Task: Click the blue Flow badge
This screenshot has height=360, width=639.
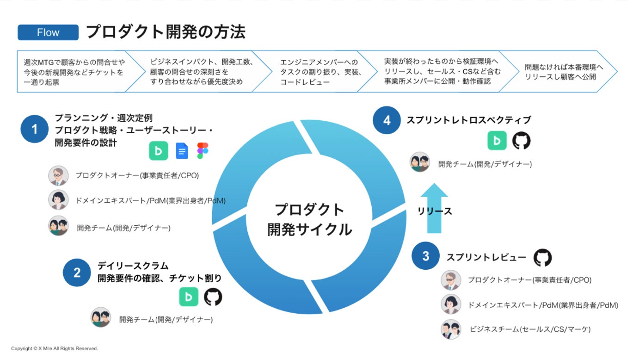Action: click(x=48, y=33)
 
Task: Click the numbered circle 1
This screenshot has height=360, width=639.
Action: click(x=34, y=129)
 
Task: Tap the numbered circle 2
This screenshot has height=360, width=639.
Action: click(x=77, y=273)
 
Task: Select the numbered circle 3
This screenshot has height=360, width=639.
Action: click(x=425, y=256)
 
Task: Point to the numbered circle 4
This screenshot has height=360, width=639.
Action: click(x=387, y=121)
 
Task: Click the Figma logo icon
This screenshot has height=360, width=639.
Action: click(x=203, y=151)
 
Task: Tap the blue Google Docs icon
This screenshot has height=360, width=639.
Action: click(x=182, y=151)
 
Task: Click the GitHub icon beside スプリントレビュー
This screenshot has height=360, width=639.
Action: click(x=543, y=258)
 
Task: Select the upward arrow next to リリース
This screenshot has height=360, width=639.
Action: click(x=434, y=209)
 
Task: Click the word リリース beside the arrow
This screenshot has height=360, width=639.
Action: click(x=434, y=211)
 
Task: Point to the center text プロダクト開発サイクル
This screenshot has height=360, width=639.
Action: click(x=309, y=219)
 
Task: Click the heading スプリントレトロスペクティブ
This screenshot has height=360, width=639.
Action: click(x=468, y=120)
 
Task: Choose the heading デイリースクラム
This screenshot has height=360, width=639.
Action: click(x=133, y=266)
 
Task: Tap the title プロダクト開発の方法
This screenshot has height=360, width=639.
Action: click(x=166, y=32)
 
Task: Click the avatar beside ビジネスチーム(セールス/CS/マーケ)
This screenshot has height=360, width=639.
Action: click(x=451, y=329)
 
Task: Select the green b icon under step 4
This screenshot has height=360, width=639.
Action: click(x=497, y=141)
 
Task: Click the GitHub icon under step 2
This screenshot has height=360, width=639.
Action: click(x=213, y=297)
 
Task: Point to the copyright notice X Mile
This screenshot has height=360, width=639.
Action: click(x=55, y=348)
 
